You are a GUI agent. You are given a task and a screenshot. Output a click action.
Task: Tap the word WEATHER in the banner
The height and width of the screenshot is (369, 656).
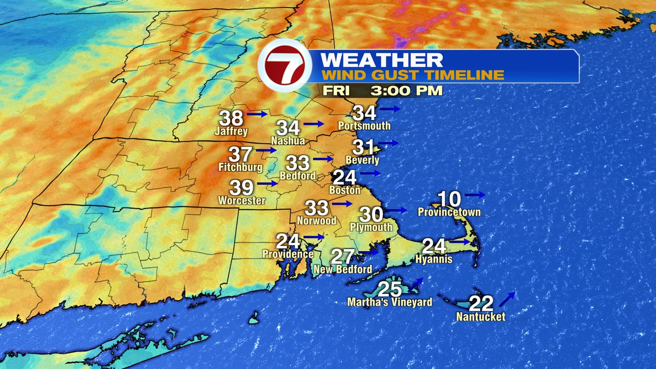coord(381,59)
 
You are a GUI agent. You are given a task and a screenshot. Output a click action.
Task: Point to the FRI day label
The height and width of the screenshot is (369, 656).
coord(336,91)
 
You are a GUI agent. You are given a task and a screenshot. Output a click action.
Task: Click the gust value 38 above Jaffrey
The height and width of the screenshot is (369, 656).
coord(231,118)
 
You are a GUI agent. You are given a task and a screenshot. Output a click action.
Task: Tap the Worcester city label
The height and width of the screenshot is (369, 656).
coord(242,200)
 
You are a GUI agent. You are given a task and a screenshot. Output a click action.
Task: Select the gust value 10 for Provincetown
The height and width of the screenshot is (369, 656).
coord(449,198)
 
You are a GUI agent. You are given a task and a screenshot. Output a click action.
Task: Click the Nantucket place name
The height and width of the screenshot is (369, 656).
coord(481,317)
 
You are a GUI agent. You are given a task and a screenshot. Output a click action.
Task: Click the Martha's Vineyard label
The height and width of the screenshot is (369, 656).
coord(389,302)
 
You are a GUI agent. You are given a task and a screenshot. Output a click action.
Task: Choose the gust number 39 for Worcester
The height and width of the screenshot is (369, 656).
coord(241,188)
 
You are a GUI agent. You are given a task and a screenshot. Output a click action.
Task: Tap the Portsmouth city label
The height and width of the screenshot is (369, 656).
coord(364,126)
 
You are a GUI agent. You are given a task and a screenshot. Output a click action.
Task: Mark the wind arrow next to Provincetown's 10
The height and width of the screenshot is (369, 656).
coord(475,195)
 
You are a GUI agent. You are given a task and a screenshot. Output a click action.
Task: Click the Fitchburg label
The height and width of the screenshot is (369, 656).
coord(240,167)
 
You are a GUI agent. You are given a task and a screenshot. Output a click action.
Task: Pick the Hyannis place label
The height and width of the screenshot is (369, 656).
coord(435,259)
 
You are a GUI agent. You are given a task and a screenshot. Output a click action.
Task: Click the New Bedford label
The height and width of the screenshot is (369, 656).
coord(343,270)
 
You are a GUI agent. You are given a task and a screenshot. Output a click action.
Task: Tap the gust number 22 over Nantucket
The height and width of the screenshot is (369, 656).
coord(481,304)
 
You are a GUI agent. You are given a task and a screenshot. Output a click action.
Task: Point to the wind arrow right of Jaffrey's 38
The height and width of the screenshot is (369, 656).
coord(257,114)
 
